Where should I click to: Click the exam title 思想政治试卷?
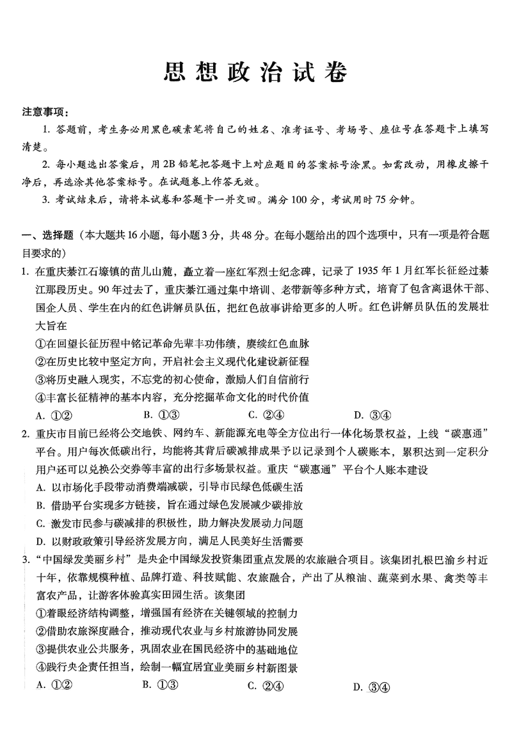[x=255, y=73]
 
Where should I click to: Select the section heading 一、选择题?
[x=49, y=236]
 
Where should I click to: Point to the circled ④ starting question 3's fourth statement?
[x=42, y=667]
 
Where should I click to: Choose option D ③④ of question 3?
[x=371, y=687]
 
